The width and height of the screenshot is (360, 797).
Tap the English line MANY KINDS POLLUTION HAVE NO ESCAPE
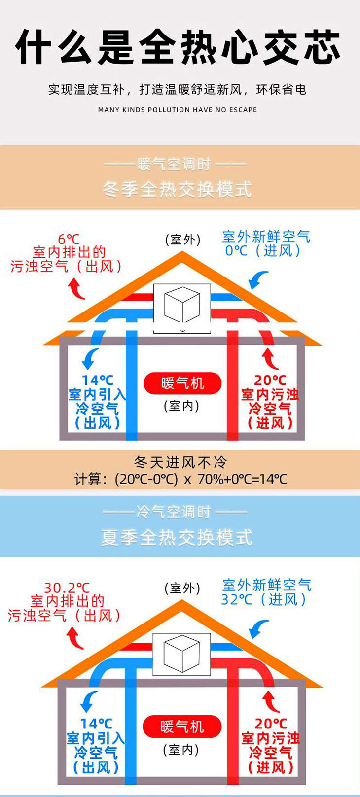pyautogui.click(x=178, y=110)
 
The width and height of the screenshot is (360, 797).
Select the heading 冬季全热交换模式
pyautogui.click(x=178, y=189)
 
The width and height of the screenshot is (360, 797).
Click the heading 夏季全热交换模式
pyautogui.click(x=178, y=537)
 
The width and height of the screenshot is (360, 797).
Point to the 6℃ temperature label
pyautogui.click(x=69, y=239)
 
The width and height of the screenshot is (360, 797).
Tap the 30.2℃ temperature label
pyautogui.click(x=67, y=588)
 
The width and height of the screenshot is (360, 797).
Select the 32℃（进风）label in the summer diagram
pyautogui.click(x=264, y=599)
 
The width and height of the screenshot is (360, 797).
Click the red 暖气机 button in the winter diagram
pyautogui.click(x=182, y=383)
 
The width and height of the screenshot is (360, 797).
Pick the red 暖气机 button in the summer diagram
pyautogui.click(x=182, y=727)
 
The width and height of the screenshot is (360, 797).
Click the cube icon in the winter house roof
pyautogui.click(x=182, y=305)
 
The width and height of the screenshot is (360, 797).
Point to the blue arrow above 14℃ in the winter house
pyautogui.click(x=90, y=358)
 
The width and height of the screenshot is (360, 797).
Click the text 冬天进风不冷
pyautogui.click(x=180, y=462)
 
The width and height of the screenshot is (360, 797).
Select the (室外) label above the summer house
pyautogui.click(x=182, y=588)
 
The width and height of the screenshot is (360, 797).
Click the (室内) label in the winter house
pyautogui.click(x=181, y=406)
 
